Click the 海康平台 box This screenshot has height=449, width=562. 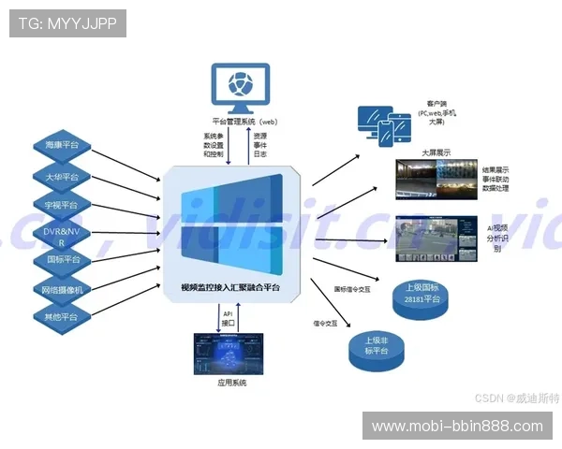click(62, 145)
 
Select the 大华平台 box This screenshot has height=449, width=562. click(62, 175)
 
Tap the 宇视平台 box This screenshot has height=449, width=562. click(62, 204)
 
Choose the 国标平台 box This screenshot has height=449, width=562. click(62, 259)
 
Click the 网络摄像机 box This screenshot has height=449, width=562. click(62, 289)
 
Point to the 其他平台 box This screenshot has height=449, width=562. click(62, 317)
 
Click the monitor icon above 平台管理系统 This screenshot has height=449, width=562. click(241, 87)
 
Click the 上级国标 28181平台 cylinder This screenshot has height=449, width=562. click(420, 294)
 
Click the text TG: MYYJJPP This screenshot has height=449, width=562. click(67, 23)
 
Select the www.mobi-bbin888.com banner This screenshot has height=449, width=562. click(456, 426)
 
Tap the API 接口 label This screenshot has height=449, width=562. click(227, 319)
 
